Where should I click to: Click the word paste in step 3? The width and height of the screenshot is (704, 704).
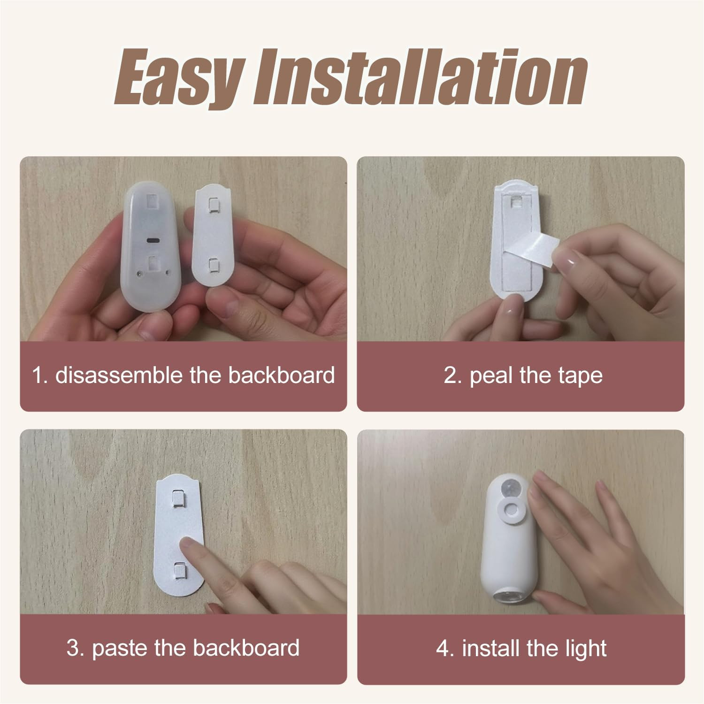point(119,648)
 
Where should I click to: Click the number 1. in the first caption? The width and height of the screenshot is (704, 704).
point(40,375)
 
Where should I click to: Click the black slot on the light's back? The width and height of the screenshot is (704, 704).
point(153,240)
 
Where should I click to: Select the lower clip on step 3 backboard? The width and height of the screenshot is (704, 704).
point(179,570)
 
